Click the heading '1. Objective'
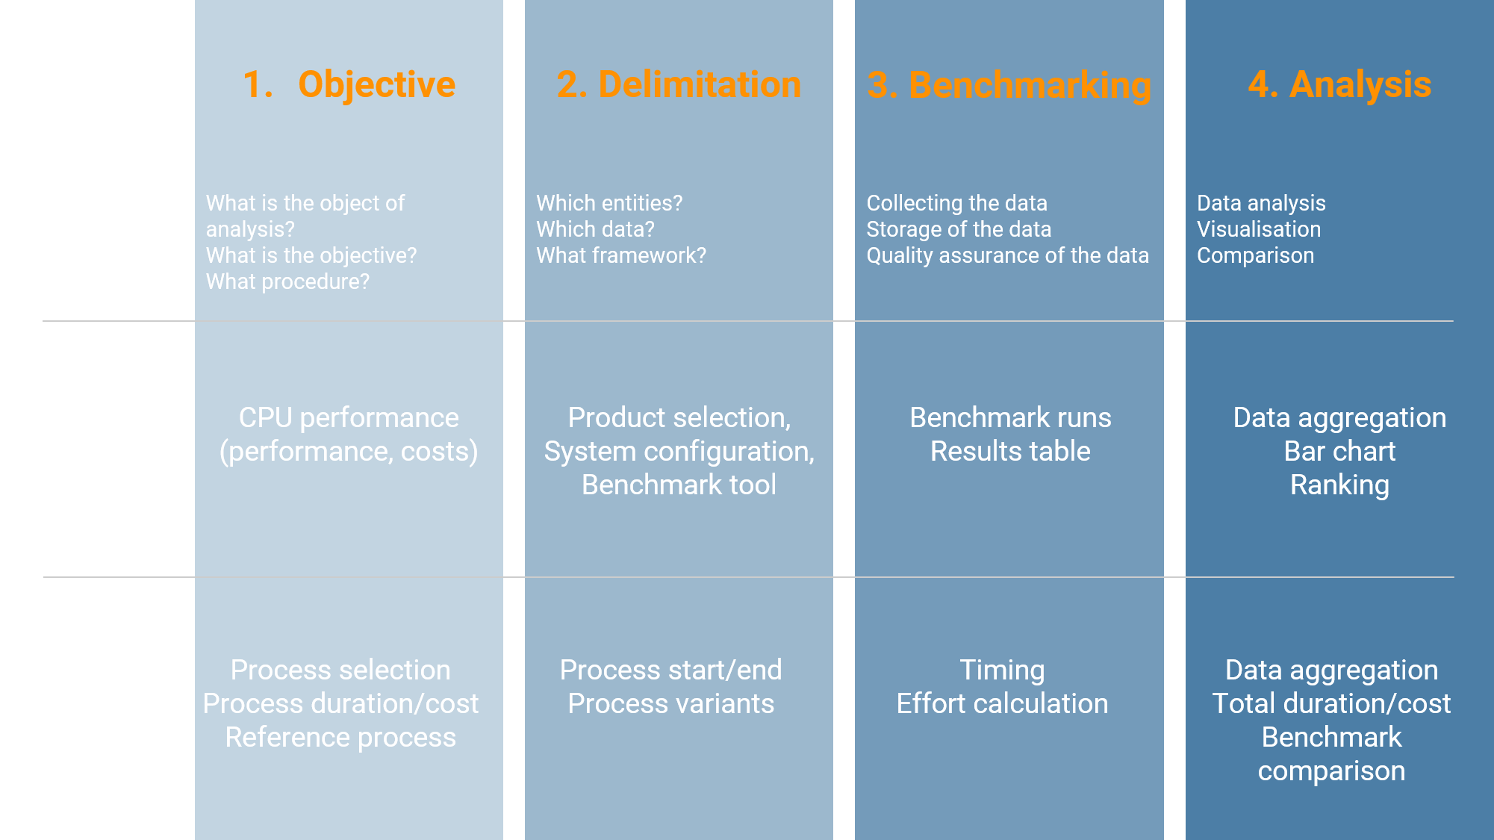349,84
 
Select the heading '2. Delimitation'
679,84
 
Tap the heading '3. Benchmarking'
1009,85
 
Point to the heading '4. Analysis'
1339,84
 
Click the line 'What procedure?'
287,281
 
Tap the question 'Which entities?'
609,203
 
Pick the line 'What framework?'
620,255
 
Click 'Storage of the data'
959,229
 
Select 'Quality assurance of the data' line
1007,255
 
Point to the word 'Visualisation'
1259,229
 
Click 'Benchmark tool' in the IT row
679,485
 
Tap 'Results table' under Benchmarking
1010,451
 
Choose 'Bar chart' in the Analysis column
1339,451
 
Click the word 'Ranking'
1339,485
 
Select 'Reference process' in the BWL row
340,737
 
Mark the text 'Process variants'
670,703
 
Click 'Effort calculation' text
1002,703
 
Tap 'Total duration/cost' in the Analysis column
1331,703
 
